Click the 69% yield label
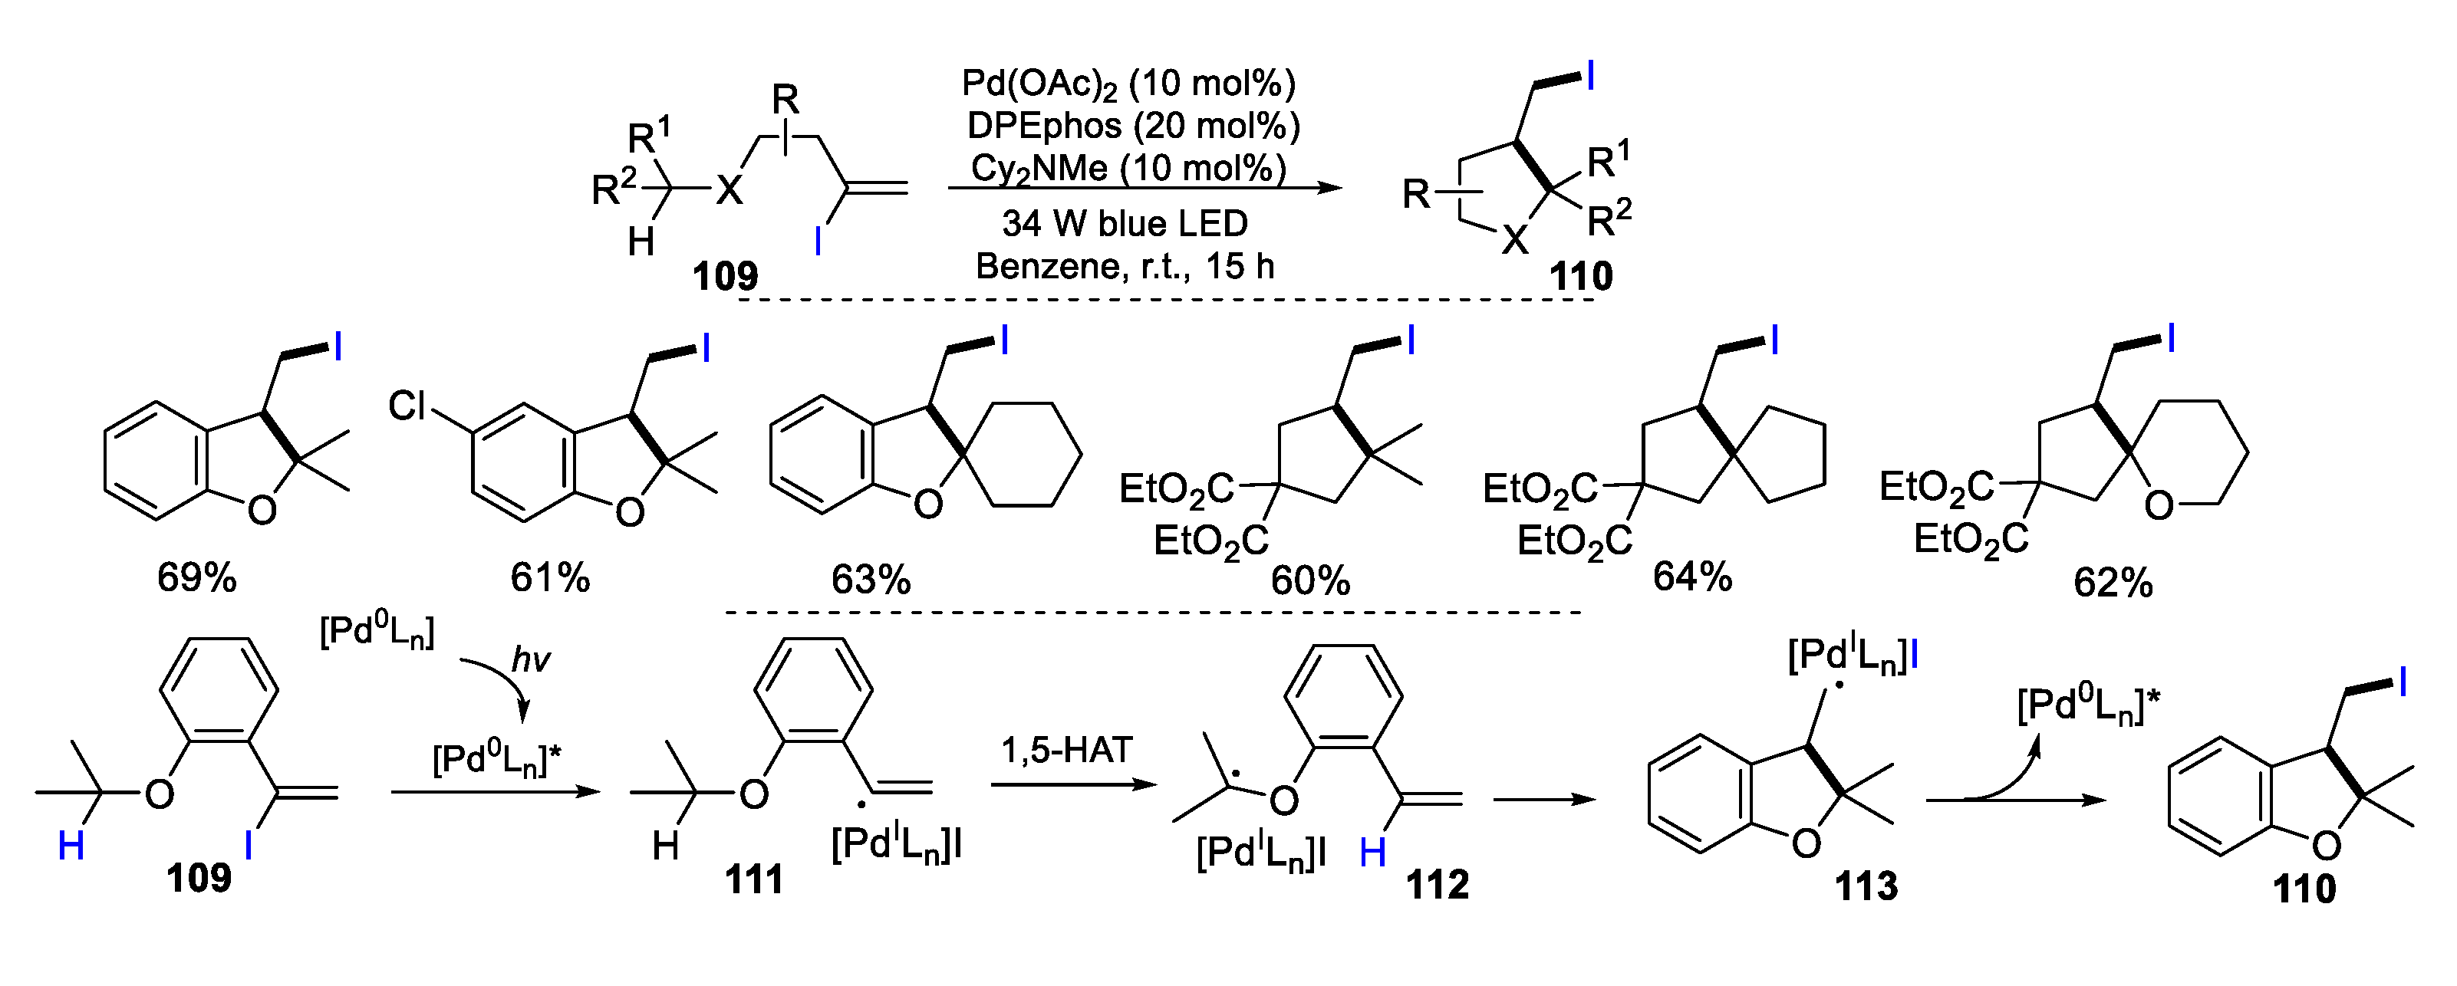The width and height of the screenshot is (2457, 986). click(196, 578)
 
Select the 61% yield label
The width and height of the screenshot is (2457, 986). click(550, 578)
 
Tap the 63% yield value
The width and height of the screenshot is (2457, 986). click(871, 580)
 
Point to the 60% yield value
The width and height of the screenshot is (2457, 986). click(1309, 580)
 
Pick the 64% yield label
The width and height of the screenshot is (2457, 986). click(1692, 577)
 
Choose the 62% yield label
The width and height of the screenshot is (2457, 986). click(2113, 583)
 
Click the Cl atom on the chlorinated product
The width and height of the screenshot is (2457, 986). click(407, 407)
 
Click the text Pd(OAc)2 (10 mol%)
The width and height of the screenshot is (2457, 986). click(1128, 84)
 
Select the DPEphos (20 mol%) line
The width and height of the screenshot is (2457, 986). click(1133, 126)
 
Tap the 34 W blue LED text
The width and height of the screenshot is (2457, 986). click(1125, 223)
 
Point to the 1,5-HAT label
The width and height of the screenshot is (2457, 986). click(1066, 751)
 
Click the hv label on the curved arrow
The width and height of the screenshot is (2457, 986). click(530, 659)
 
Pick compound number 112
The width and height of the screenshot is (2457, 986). click(1438, 885)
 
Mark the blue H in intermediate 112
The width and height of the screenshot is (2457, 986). click(1372, 853)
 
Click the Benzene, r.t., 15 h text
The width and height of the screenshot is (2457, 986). click(1125, 266)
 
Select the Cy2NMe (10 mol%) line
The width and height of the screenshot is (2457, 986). click(1128, 168)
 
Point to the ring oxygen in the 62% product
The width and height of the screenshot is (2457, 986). click(2159, 505)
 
